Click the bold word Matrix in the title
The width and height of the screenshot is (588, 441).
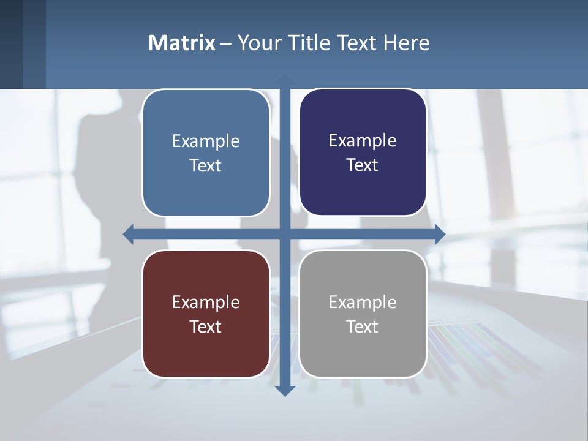pos(181,43)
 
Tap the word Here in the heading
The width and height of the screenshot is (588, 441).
pos(406,43)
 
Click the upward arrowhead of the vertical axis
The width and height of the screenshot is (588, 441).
pos(285,80)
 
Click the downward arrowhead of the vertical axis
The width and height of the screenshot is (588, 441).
pos(285,390)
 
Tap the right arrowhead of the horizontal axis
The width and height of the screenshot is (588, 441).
pos(440,234)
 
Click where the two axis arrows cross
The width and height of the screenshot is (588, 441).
pos(285,234)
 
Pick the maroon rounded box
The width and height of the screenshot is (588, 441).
pos(206,355)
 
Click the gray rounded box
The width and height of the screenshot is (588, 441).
pos(363,355)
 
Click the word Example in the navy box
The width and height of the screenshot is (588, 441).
pos(363,140)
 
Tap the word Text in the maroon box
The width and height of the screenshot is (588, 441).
pos(205,326)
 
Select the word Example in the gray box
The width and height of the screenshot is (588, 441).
pos(363,302)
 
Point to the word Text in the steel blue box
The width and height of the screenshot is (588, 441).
pos(205,165)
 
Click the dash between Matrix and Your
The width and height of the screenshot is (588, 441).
pos(226,43)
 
